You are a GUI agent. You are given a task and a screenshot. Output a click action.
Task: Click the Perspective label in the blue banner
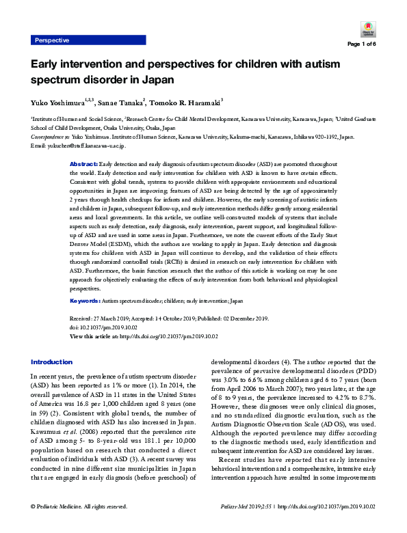tap(52, 40)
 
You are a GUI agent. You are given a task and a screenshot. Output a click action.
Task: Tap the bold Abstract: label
tap(84, 165)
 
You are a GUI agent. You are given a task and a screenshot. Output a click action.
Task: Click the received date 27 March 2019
tap(114, 318)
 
